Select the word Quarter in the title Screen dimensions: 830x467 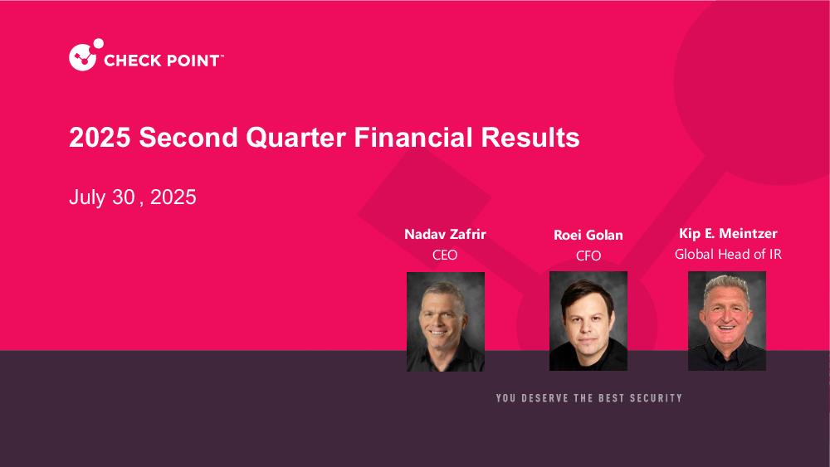point(296,138)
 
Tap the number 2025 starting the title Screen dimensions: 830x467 point(100,138)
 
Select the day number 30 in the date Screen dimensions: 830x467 point(124,197)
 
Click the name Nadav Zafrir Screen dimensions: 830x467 point(445,234)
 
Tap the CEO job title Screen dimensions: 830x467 point(445,255)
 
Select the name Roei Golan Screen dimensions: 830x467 point(588,235)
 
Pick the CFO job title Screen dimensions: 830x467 point(588,256)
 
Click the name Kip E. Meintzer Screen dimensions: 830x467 point(728,233)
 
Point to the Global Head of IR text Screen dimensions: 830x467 point(728,255)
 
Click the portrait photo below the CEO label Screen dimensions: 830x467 point(446,322)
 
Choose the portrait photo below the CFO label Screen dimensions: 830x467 point(588,321)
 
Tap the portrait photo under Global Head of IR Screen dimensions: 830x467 point(727,321)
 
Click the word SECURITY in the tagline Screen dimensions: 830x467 point(656,398)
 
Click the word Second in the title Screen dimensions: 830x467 point(188,138)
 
